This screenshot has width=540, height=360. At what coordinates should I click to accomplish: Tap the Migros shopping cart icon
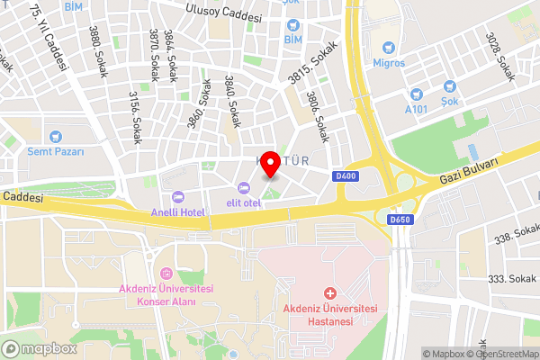coord(389,48)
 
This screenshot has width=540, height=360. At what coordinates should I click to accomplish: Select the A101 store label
coord(416,109)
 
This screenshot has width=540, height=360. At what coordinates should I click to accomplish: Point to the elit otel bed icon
coord(243,188)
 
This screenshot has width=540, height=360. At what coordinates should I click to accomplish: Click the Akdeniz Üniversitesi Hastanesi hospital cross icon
coord(330,293)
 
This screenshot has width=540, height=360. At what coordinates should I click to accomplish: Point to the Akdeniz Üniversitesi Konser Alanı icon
coord(166,273)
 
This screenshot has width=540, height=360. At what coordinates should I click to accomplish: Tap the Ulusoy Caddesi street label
coord(222,15)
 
